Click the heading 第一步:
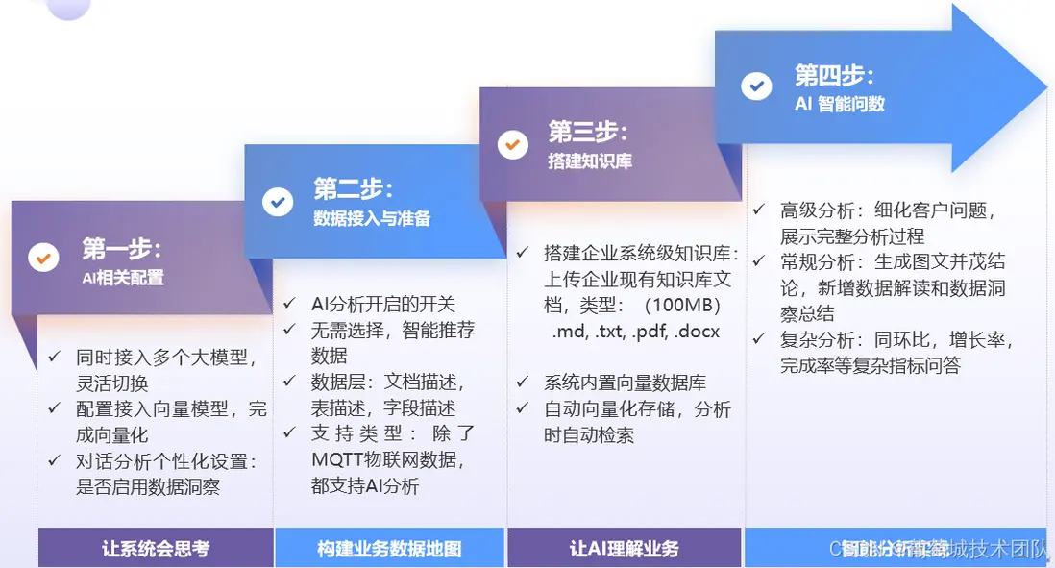[x=121, y=248]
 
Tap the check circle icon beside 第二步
[x=278, y=202]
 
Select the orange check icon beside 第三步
[x=512, y=144]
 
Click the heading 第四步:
[x=833, y=75]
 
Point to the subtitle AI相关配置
[x=122, y=278]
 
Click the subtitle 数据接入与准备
[x=372, y=218]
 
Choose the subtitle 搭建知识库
[x=589, y=161]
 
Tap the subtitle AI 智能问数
[x=839, y=104]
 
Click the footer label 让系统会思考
[x=156, y=550]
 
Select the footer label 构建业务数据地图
[x=389, y=550]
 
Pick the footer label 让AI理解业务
[x=624, y=550]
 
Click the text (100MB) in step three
[x=684, y=306]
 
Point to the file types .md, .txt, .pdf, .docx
[x=635, y=333]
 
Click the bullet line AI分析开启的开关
[x=382, y=305]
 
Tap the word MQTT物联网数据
[x=388, y=460]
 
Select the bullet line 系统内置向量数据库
[x=624, y=383]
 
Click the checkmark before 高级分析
[x=759, y=209]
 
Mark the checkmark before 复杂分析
[x=759, y=338]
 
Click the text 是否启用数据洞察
[x=148, y=486]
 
